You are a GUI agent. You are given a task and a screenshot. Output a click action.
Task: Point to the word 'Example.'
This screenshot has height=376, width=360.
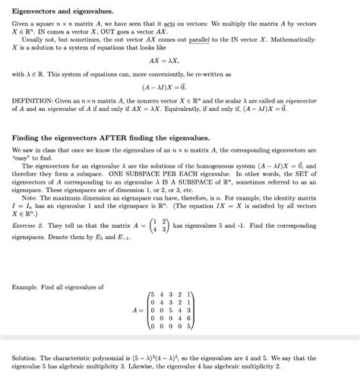(x=27, y=286)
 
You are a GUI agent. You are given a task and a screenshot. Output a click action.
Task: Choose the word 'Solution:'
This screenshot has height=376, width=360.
(x=27, y=357)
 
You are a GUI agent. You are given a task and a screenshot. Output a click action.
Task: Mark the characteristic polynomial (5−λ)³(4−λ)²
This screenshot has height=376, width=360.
(x=161, y=357)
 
